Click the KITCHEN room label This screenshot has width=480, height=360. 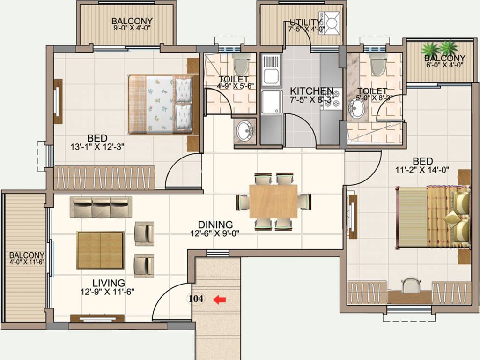coord(311,91)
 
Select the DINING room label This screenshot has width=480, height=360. coord(215,225)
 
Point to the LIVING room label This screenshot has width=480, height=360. coord(108,283)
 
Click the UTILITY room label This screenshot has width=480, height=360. coord(305,22)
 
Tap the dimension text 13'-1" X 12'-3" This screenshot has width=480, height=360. coord(97,146)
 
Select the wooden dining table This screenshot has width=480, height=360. coord(273,201)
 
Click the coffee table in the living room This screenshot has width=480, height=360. coord(100,250)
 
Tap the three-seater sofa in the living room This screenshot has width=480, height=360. coord(101,207)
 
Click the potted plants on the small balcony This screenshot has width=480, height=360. coord(439,48)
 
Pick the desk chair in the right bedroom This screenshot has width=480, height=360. coord(411,284)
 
